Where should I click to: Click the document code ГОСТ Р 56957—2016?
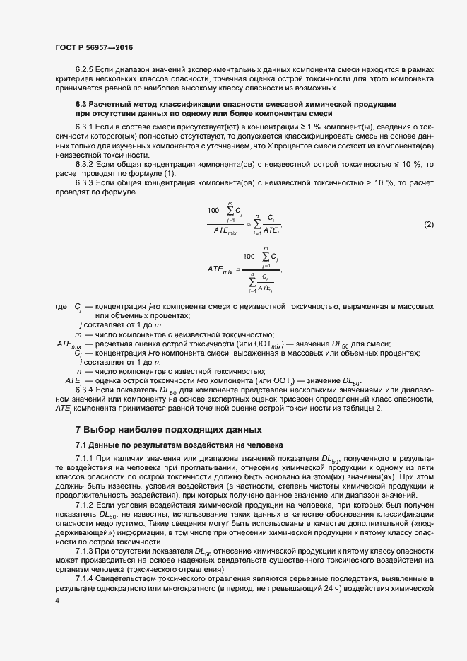94,47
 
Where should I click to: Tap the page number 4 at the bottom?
57,599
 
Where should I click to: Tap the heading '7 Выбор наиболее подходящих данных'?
169,429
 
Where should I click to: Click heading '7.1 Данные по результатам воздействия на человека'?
179,445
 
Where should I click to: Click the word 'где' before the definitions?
61,307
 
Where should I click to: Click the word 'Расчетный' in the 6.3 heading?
114,104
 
